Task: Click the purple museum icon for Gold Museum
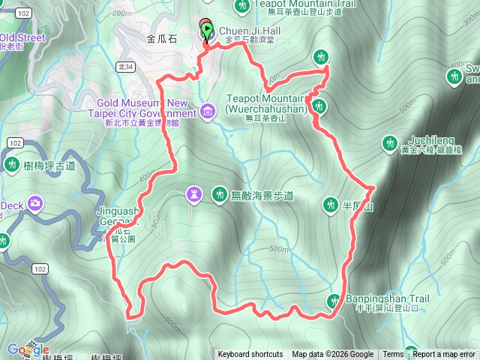208,112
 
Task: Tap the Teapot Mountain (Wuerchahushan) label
267,103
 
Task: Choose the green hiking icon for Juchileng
389,142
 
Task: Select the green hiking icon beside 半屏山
331,204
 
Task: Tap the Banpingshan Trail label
387,298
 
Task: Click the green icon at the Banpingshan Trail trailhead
334,301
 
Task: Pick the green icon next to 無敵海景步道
219,195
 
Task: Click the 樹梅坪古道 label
49,166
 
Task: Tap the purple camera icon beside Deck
35,203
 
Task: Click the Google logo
28,350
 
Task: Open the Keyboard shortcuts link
250,355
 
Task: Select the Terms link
393,355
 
